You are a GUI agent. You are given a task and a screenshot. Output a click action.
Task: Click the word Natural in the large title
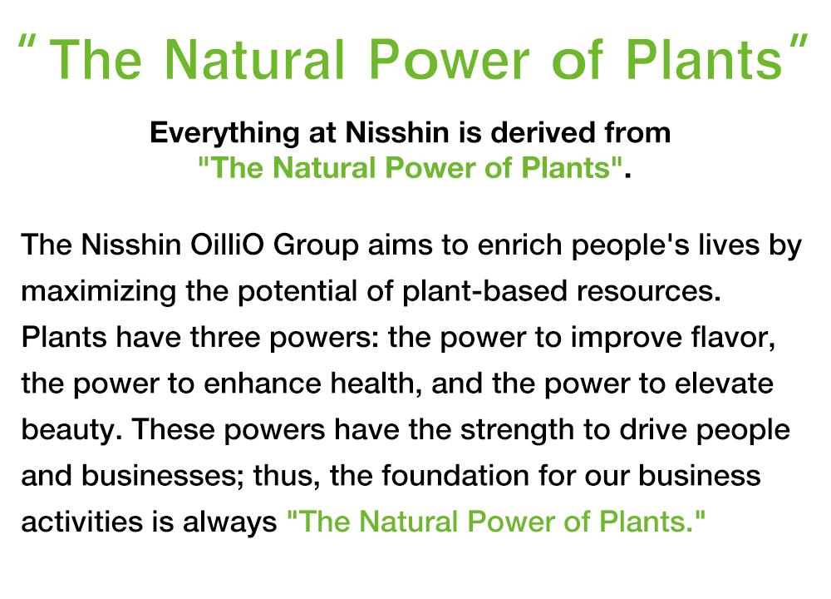pyautogui.click(x=255, y=59)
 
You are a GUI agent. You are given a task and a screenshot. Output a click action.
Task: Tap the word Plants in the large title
pyautogui.click(x=705, y=59)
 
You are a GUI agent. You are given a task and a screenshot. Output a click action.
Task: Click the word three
pyautogui.click(x=225, y=337)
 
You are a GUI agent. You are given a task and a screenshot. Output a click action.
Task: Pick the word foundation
pyautogui.click(x=455, y=475)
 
